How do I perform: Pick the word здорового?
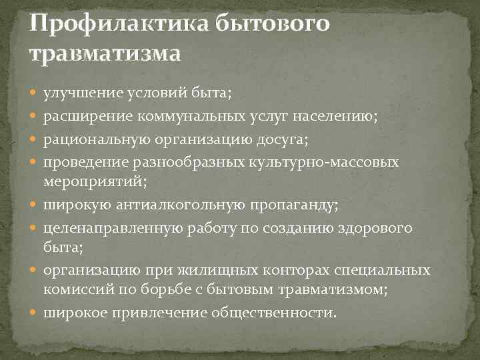coord(375,229)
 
